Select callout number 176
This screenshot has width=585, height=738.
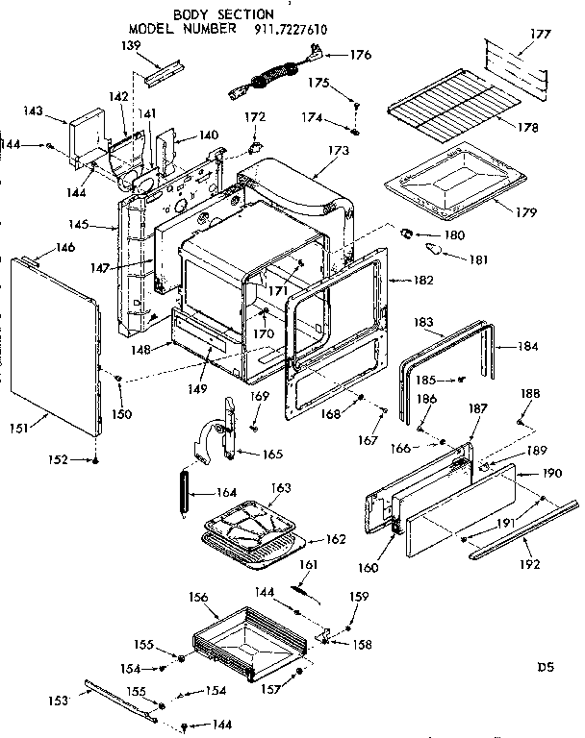[361, 55]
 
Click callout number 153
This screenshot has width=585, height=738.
[59, 701]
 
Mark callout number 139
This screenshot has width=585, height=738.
[130, 45]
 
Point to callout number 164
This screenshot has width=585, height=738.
[227, 495]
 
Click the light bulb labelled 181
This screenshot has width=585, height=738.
[434, 250]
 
